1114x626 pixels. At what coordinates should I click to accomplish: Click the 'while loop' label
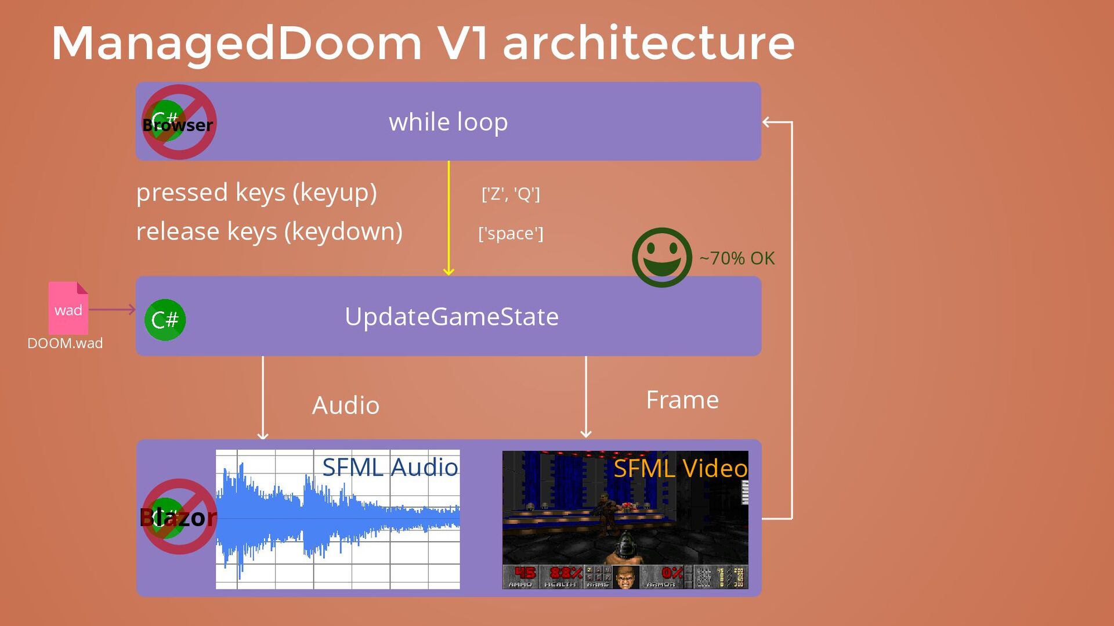pos(448,122)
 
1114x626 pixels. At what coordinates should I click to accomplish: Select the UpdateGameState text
pos(451,317)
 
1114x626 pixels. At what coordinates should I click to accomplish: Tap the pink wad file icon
pos(68,307)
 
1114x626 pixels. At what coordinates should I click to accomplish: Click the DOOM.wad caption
pos(65,343)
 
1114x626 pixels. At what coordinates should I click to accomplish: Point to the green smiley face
pos(661,258)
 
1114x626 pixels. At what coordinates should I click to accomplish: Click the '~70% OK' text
pos(737,258)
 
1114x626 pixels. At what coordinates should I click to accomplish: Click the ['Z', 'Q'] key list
pos(511,194)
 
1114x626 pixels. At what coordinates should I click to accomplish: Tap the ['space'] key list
pos(511,233)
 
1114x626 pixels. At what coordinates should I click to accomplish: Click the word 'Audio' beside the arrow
pos(346,406)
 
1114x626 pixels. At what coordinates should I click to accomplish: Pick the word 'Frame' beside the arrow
pos(682,400)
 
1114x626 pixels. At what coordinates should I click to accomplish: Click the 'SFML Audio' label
pos(390,468)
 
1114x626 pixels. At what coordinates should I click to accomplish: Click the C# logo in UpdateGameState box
pos(165,320)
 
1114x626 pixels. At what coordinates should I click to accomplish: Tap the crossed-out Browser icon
pos(179,122)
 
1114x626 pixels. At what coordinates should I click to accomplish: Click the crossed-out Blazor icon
pos(179,516)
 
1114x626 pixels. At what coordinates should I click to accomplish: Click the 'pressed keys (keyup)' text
pos(256,193)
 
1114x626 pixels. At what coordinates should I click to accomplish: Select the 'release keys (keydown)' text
pos(269,231)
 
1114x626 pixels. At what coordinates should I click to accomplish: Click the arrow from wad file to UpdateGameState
pos(112,309)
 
